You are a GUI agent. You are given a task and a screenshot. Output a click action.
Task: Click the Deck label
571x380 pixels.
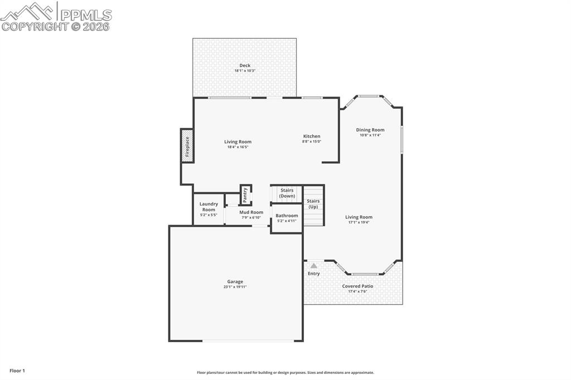coord(245,65)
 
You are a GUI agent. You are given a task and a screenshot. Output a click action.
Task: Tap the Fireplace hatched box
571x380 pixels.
coord(187,146)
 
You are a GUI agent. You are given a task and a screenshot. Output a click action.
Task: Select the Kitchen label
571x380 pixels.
coord(312,136)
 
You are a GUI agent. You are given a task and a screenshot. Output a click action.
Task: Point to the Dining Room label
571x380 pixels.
coord(370,130)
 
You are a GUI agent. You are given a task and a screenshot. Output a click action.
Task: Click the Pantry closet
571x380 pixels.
coord(245,195)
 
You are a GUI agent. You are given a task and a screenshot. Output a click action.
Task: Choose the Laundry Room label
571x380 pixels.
coord(209,207)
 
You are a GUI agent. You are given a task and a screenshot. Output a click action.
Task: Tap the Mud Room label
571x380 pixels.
coord(251,212)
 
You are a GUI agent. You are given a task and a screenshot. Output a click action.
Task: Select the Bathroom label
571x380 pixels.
coord(287,215)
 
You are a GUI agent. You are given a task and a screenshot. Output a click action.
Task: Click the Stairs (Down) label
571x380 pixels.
coord(287,193)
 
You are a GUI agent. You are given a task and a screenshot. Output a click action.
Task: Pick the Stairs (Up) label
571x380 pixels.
coord(313,204)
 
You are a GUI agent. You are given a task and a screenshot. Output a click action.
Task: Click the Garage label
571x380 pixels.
coord(235,281)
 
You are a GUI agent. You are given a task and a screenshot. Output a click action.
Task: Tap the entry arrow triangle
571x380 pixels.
coord(314,266)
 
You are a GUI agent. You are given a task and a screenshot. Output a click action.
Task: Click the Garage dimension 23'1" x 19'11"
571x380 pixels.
coord(235,287)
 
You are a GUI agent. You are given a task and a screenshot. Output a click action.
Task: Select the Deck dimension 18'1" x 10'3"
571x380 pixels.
coord(245,71)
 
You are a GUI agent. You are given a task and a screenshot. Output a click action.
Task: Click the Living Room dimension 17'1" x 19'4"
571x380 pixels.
coord(359,222)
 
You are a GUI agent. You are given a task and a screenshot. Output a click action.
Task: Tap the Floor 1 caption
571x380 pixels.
coord(17,371)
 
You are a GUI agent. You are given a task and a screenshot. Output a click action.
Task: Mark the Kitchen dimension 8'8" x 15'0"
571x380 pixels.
coord(312,142)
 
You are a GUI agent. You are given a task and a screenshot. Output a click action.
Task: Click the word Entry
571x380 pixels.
coord(314,274)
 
